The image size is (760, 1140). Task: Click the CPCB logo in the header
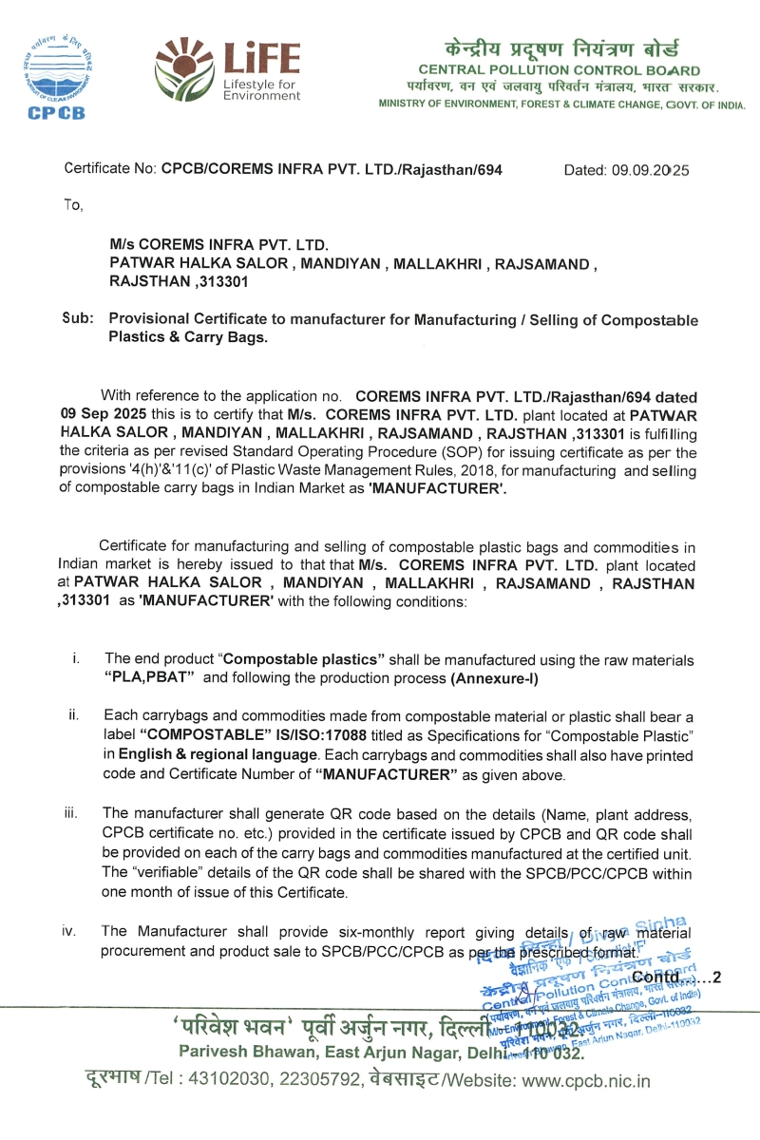(x=55, y=78)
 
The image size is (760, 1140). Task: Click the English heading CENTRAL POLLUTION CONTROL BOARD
(x=559, y=70)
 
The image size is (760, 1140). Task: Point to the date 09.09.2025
(x=651, y=170)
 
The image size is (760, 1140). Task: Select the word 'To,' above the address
(x=73, y=204)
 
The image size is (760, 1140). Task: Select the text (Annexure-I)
(x=494, y=677)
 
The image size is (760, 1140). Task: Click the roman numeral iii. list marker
(x=70, y=813)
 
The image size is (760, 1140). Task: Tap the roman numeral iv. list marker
(x=69, y=931)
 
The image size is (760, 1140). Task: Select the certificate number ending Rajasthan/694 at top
(x=332, y=170)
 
